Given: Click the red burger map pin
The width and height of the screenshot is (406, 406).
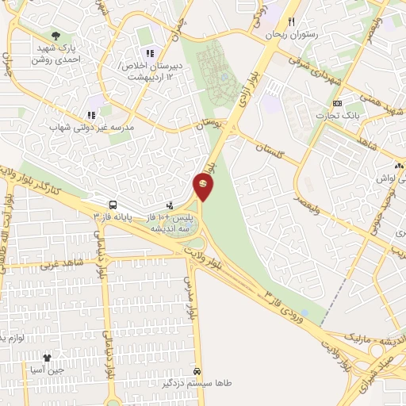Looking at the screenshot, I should tap(203, 185).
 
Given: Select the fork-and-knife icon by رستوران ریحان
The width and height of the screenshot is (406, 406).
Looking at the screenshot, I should tap(292, 22).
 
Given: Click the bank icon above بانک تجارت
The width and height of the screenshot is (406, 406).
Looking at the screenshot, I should tap(338, 104).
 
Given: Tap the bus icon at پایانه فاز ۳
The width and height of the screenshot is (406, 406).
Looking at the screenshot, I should tap(113, 205).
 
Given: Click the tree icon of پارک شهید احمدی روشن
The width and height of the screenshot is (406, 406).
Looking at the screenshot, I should tap(56, 36).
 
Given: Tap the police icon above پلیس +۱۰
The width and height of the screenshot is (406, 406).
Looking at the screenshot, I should tap(169, 205).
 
